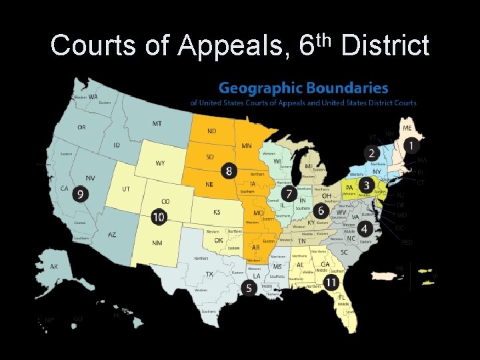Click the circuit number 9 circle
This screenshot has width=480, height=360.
point(81,194)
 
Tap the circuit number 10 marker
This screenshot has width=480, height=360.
point(159,217)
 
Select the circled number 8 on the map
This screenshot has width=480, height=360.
point(229,171)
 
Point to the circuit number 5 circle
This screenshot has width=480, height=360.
point(249,288)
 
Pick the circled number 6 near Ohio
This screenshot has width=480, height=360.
point(321,211)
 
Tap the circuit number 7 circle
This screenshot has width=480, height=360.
point(289,193)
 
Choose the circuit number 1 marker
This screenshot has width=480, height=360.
point(413,145)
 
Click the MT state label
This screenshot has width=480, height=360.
point(157,124)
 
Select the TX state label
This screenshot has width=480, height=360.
point(209,274)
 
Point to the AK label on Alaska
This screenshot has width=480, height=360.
point(54,267)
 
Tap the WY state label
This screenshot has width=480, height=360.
point(160,163)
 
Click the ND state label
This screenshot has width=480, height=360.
point(211,131)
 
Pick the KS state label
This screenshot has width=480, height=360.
point(217,212)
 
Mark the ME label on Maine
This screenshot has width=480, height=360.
point(407,128)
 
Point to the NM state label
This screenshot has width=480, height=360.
point(157,243)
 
